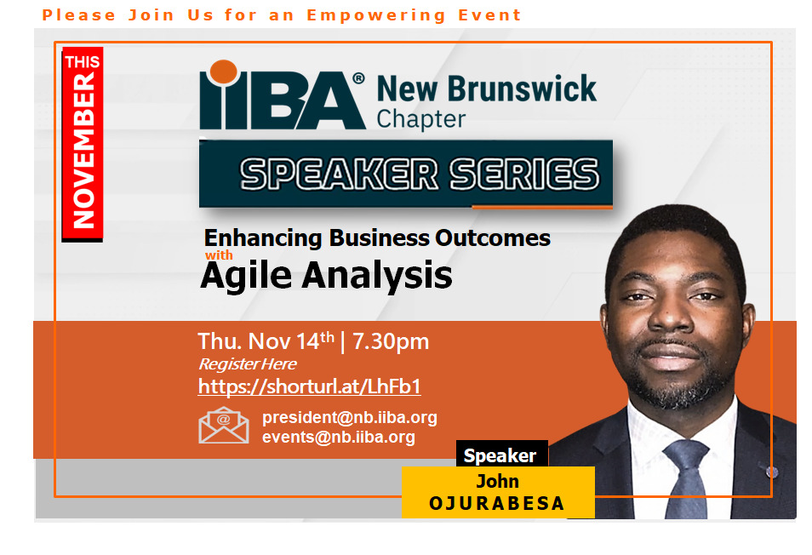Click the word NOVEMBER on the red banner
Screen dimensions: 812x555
coord(83,150)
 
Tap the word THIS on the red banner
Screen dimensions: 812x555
coord(83,61)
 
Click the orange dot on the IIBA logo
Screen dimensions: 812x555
coord(223,72)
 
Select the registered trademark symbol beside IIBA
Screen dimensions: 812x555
coord(358,78)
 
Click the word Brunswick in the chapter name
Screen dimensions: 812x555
coord(522,89)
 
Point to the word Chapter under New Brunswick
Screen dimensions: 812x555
coord(421,119)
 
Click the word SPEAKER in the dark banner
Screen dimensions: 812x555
coord(340,174)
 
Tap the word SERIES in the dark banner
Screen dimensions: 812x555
coord(524,174)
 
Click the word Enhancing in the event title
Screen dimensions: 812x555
coord(263,238)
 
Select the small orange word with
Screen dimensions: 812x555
coord(219,255)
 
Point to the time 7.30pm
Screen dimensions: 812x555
coord(391,341)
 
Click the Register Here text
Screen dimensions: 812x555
coord(248,364)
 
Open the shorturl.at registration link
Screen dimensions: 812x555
coord(309,386)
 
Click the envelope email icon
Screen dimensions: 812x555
coord(224,425)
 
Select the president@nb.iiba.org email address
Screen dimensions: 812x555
coord(350,417)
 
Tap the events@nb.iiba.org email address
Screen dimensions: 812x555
coord(339,437)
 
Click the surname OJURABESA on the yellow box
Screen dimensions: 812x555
coord(497,503)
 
